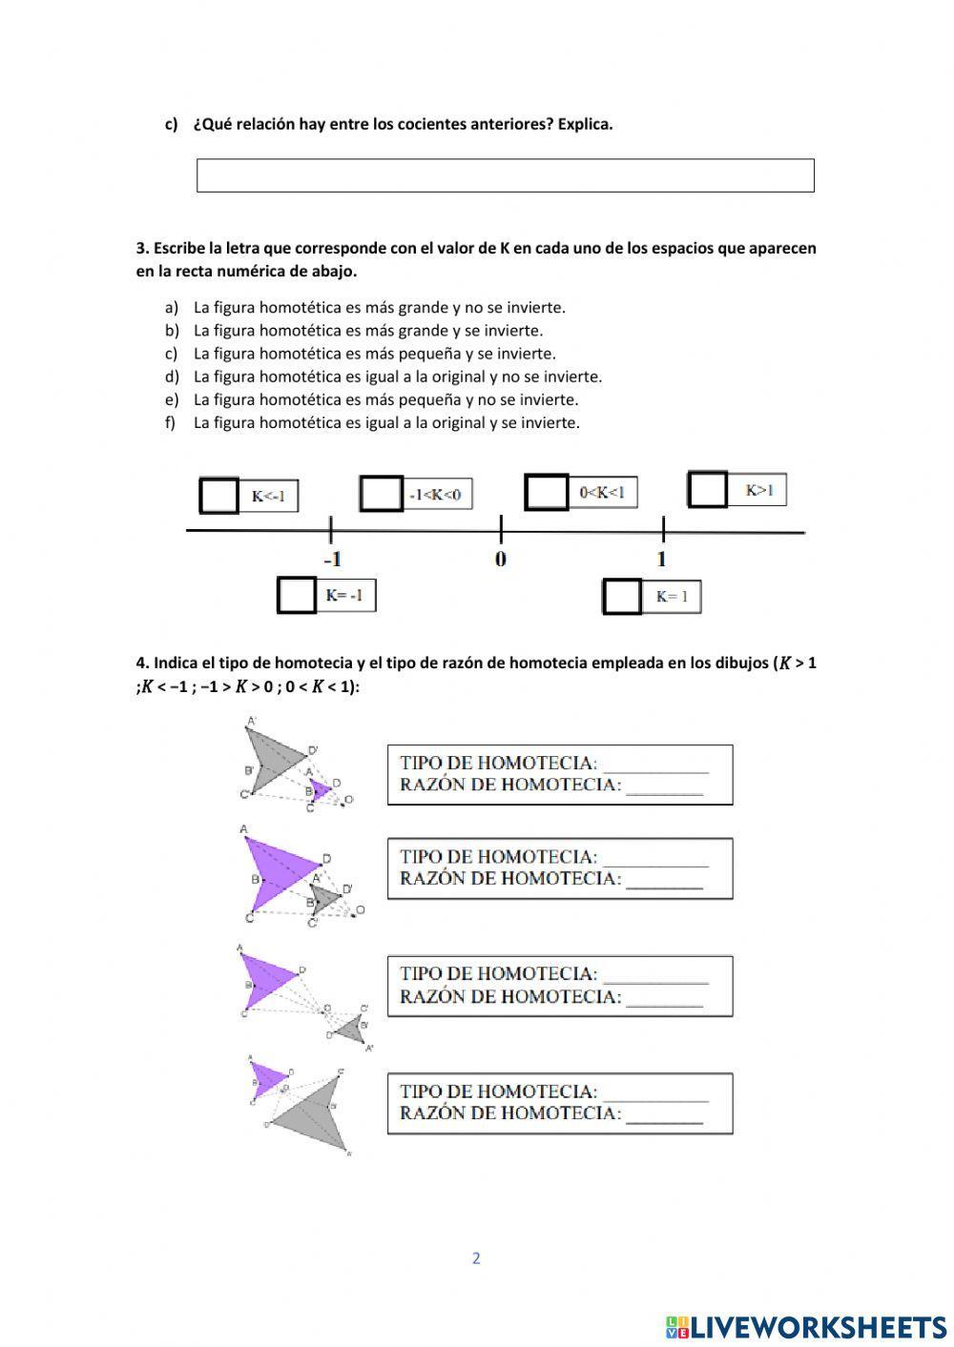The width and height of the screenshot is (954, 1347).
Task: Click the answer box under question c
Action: tap(505, 175)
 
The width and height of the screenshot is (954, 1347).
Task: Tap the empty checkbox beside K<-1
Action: tap(218, 496)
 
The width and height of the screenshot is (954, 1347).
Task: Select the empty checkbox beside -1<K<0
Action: tap(381, 494)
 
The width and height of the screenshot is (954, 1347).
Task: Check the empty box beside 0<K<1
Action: tap(547, 492)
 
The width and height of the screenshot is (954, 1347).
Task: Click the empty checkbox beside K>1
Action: tap(708, 490)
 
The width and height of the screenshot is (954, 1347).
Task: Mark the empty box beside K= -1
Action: tap(297, 596)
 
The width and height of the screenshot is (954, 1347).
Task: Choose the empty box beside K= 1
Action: tap(622, 597)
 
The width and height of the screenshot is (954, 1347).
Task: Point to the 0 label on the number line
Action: tap(501, 560)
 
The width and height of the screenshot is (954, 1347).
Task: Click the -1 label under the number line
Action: tap(331, 560)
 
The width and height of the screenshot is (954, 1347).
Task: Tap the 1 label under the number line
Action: tap(662, 560)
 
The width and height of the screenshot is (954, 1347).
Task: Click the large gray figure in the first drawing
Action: tap(270, 759)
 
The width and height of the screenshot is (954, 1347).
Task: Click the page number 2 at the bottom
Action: tap(476, 1258)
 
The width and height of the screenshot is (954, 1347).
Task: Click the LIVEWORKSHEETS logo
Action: tap(806, 1326)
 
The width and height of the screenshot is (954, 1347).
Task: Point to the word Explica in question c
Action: tap(584, 124)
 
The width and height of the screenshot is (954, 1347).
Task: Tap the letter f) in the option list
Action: tap(171, 422)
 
